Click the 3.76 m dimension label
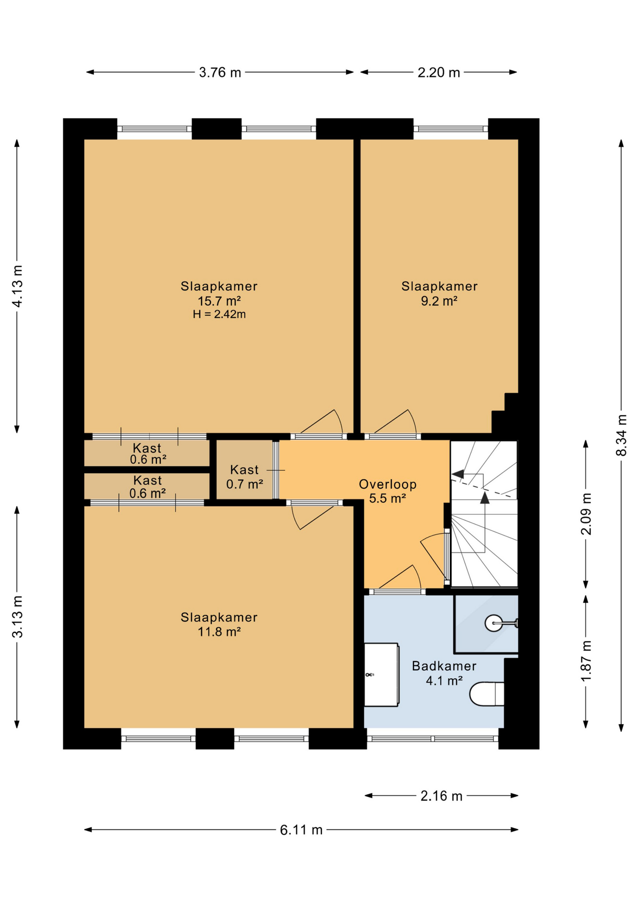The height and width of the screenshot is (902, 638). coord(220,72)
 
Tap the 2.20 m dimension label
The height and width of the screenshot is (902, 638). coord(439,72)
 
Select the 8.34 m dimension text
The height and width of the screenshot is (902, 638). coord(621,435)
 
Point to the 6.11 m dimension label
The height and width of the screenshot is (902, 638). coord(301,830)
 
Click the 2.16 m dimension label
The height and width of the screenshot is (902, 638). coord(442,796)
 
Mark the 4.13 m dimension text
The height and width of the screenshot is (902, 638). coord(17,286)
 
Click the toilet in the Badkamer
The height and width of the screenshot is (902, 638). coord(487,694)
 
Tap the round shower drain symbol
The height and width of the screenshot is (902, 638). coord(493,623)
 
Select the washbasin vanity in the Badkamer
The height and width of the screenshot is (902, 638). coord(382,675)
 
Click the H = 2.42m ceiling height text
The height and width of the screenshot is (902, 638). coord(219,314)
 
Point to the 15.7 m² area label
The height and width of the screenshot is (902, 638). coord(219,301)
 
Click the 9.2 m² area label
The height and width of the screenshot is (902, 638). coord(439,301)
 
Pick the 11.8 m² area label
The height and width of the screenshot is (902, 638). coord(219,631)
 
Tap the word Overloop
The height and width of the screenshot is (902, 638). coord(388,484)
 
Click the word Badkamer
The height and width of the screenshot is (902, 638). coord(444,666)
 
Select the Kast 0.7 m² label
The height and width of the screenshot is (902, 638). coord(244,477)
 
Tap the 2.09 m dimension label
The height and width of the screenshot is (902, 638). coord(586,514)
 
